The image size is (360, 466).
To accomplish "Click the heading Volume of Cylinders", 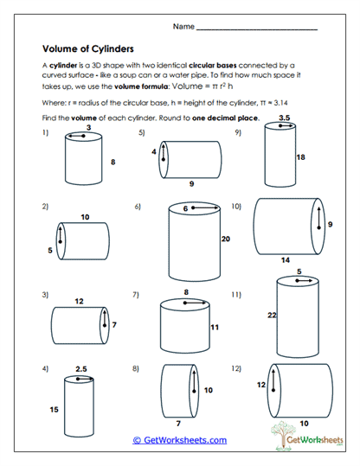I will [87, 49].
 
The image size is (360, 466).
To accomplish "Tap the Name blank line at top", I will [256, 29].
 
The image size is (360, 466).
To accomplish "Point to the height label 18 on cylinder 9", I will [301, 158].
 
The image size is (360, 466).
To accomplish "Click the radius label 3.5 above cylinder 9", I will [284, 115].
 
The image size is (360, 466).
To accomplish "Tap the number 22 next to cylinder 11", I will [271, 316].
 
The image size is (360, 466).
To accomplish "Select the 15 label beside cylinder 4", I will [54, 409].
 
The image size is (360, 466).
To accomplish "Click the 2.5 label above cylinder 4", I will [80, 369].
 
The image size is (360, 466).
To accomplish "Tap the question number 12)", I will [236, 369].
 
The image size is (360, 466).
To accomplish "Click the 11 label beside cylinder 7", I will [215, 328].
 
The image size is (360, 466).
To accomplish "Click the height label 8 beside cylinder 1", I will [112, 162].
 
